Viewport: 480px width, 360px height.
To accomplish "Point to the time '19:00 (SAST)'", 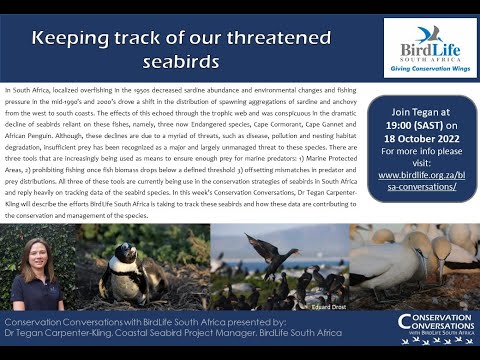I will click(x=421, y=116).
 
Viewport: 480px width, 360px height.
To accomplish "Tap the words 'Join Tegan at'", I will click(x=421, y=103).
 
